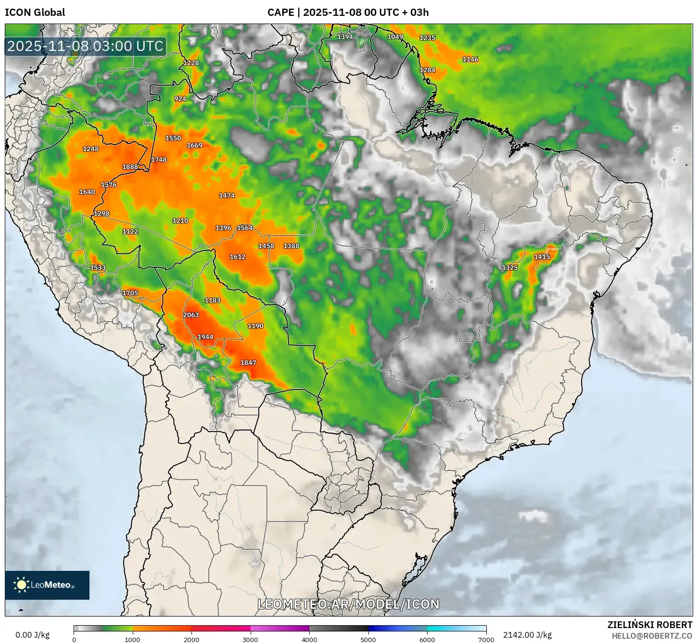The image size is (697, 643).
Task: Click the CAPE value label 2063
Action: pos(191,315)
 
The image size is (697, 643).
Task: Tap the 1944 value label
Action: pos(205,337)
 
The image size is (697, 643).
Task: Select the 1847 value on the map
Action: pos(248,363)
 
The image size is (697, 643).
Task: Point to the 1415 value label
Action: pos(542,257)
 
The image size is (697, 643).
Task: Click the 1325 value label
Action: pos(510,268)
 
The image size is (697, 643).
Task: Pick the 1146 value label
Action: pos(470,60)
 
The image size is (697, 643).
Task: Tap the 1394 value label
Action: pos(345,37)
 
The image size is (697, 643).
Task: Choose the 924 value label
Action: pos(180,99)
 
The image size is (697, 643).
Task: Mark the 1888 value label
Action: pos(130,167)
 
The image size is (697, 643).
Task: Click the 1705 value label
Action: pos(130,293)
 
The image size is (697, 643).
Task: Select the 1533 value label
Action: pos(98,268)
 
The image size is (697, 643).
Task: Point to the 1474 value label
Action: pos(227,196)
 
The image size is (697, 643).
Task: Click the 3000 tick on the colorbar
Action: pos(250,639)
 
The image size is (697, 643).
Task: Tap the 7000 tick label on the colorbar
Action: pos(486,639)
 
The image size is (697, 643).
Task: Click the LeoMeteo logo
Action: pos(47,585)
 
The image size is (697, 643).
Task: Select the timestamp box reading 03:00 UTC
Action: pos(86,46)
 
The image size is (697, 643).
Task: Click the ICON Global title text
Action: pos(35,13)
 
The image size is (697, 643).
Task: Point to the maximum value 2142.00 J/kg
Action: pos(527,635)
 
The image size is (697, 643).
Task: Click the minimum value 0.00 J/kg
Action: pos(32,635)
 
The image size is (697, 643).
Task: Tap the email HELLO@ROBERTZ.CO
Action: pos(652,636)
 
